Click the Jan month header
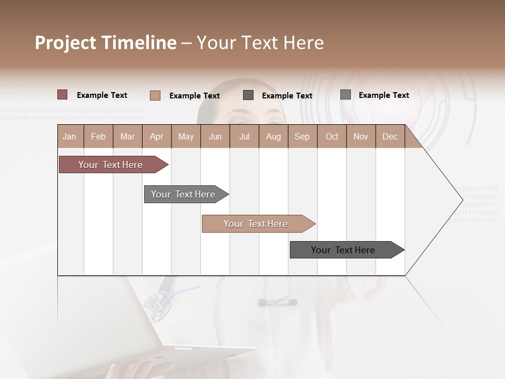[70, 136]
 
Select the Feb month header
[98, 136]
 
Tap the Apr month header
[157, 136]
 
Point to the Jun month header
[215, 136]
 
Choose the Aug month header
[274, 136]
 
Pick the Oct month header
[332, 136]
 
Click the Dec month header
[390, 136]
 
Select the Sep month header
[302, 136]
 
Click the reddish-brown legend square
[63, 95]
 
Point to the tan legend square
[155, 95]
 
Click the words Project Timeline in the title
[106, 43]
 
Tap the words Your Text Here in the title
[260, 43]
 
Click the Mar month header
[128, 136]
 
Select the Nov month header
[361, 136]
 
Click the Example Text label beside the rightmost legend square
[383, 95]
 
